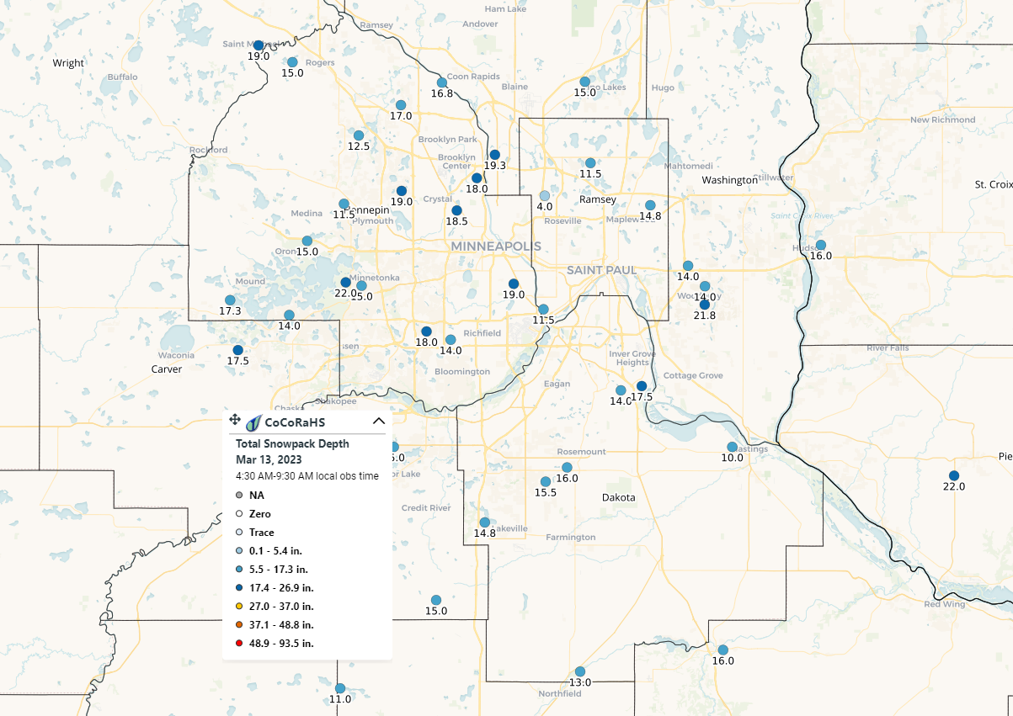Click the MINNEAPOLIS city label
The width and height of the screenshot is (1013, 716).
coord(495,246)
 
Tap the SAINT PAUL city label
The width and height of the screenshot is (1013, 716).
coord(601,270)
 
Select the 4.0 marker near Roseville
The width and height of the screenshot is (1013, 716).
coord(545,195)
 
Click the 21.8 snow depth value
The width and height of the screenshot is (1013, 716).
coord(705,315)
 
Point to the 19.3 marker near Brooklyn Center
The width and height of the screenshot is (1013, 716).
coord(495,155)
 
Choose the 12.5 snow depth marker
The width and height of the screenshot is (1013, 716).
coord(359,135)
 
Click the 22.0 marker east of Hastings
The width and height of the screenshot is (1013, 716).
coord(953,475)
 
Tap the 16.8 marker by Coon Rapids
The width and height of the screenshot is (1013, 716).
coord(442,82)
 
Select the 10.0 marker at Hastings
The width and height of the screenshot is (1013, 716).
coord(732,447)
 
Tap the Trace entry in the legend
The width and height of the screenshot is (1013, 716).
coord(261,532)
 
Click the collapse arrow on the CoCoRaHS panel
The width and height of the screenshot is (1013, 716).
coord(378,422)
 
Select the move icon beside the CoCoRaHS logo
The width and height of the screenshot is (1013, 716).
coord(235,420)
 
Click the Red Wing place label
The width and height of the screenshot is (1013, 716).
coord(943,604)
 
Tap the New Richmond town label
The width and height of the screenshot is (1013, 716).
coord(942,119)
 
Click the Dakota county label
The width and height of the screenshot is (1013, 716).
coord(618,497)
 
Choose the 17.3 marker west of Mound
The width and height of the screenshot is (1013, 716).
coord(230,300)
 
